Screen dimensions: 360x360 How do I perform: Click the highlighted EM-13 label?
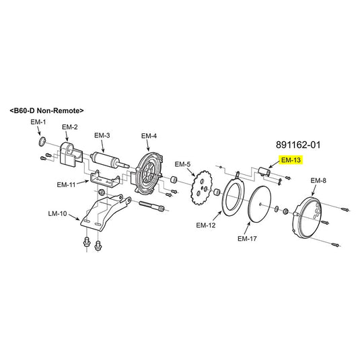pyautogui.click(x=291, y=160)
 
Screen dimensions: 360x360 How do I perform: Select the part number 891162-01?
pyautogui.click(x=298, y=145)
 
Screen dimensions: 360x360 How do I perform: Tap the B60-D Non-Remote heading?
pyautogui.click(x=46, y=110)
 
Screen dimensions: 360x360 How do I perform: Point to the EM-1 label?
pyautogui.click(x=38, y=122)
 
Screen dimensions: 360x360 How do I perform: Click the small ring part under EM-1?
pyautogui.click(x=42, y=141)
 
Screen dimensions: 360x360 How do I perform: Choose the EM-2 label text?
pyautogui.click(x=70, y=127)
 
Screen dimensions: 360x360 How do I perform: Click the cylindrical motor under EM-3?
pyautogui.click(x=108, y=159)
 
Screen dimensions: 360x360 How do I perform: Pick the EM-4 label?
pyautogui.click(x=149, y=136)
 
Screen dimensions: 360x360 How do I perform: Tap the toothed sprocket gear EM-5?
pyautogui.click(x=201, y=188)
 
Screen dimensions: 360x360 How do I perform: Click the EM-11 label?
pyautogui.click(x=67, y=184)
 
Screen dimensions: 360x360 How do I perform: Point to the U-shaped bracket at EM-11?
pyautogui.click(x=105, y=180)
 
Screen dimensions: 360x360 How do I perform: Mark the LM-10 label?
pyautogui.click(x=58, y=213)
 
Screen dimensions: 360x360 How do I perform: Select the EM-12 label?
pyautogui.click(x=206, y=225)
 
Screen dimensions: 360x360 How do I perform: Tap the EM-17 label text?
pyautogui.click(x=247, y=239)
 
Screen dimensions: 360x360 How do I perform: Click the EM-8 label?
pyautogui.click(x=318, y=181)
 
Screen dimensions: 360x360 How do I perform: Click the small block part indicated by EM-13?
pyautogui.click(x=264, y=172)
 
